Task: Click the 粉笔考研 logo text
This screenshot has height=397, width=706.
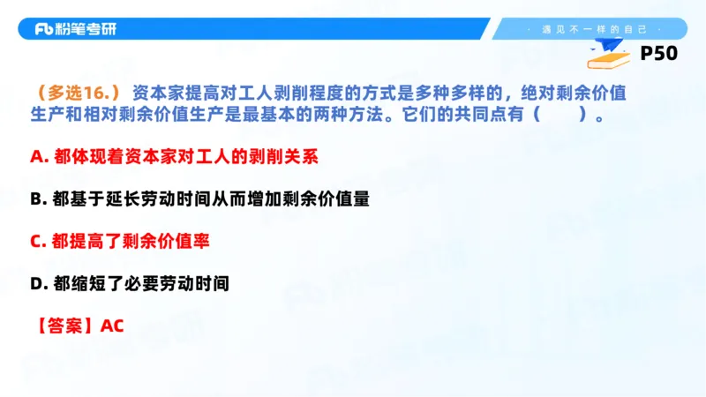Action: (87, 29)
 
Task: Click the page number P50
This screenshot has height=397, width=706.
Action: (658, 54)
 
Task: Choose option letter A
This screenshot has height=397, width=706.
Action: (36, 157)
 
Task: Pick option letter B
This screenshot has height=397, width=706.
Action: (36, 199)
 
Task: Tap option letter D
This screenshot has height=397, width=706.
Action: (36, 284)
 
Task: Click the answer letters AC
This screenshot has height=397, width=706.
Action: (112, 326)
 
